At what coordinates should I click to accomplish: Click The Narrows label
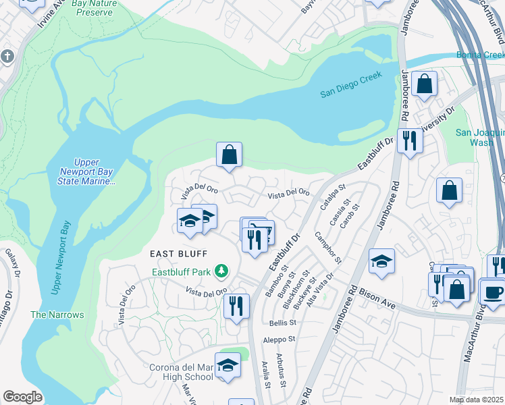pos(57,315)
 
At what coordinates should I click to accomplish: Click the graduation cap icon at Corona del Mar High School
pos(228,365)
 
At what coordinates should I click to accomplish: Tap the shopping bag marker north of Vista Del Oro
pos(230,154)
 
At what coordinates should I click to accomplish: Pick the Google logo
pos(22,397)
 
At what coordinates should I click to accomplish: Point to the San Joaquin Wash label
pos(479,138)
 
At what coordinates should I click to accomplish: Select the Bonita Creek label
pos(480,55)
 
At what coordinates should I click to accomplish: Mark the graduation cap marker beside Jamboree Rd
pos(381,262)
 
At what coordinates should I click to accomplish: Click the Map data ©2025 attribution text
pos(477,400)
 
